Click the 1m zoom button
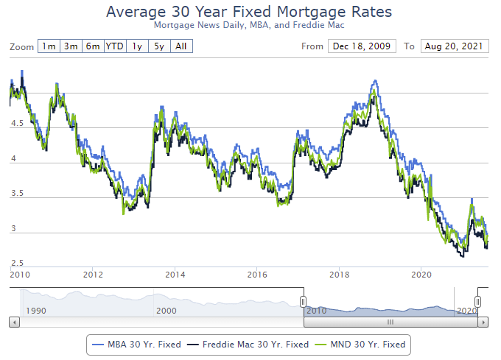coord(49,46)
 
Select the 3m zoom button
coord(71,46)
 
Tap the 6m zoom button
coord(93,46)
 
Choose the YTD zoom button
coord(115,46)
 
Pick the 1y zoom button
coord(138,46)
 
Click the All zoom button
coord(181,46)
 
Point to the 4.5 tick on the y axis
coord(16,124)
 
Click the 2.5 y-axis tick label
coord(16,263)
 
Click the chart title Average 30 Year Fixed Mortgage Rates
coord(249,13)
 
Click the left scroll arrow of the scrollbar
coord(14,322)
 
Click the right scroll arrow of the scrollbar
coord(484,322)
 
